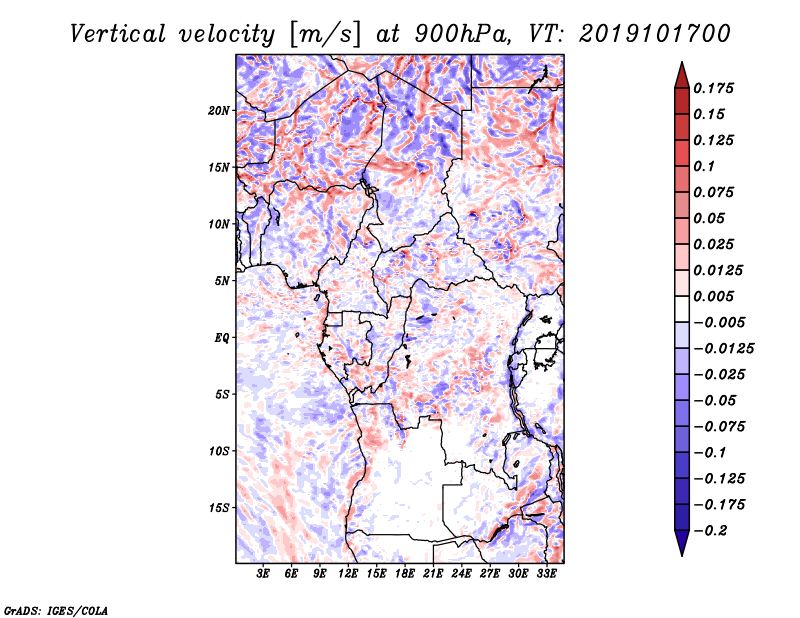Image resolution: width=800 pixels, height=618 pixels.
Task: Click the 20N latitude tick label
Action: pyautogui.click(x=219, y=110)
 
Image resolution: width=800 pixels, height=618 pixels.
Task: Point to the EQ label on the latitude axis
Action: pyautogui.click(x=222, y=338)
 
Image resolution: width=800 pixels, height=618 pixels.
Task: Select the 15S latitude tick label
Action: pyautogui.click(x=219, y=508)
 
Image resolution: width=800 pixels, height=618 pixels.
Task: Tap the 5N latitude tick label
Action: pyautogui.click(x=222, y=281)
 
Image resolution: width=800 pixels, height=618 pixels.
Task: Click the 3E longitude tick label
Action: pyautogui.click(x=263, y=574)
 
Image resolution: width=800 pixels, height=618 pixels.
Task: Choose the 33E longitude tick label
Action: pyautogui.click(x=546, y=574)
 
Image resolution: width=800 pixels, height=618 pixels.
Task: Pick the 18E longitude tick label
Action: pyautogui.click(x=405, y=574)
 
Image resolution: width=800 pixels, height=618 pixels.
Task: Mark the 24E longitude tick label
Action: pyautogui.click(x=461, y=574)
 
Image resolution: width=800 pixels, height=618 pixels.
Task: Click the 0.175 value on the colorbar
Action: pyautogui.click(x=716, y=88)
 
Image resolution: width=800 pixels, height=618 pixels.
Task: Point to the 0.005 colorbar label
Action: pyautogui.click(x=716, y=296)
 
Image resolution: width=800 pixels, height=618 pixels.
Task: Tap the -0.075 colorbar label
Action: pyautogui.click(x=720, y=426)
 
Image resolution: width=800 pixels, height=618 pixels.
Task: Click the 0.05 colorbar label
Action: pyautogui.click(x=711, y=218)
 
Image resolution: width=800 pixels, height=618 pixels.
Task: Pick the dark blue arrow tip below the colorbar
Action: pyautogui.click(x=681, y=546)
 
